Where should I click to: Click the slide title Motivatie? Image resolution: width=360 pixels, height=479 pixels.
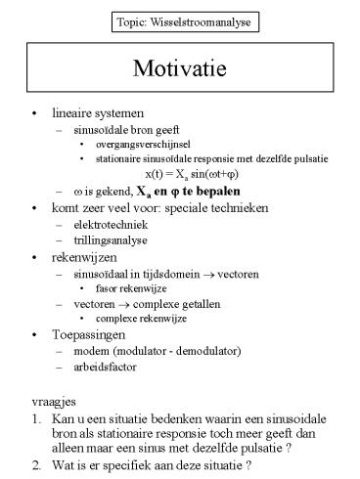(x=180, y=70)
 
